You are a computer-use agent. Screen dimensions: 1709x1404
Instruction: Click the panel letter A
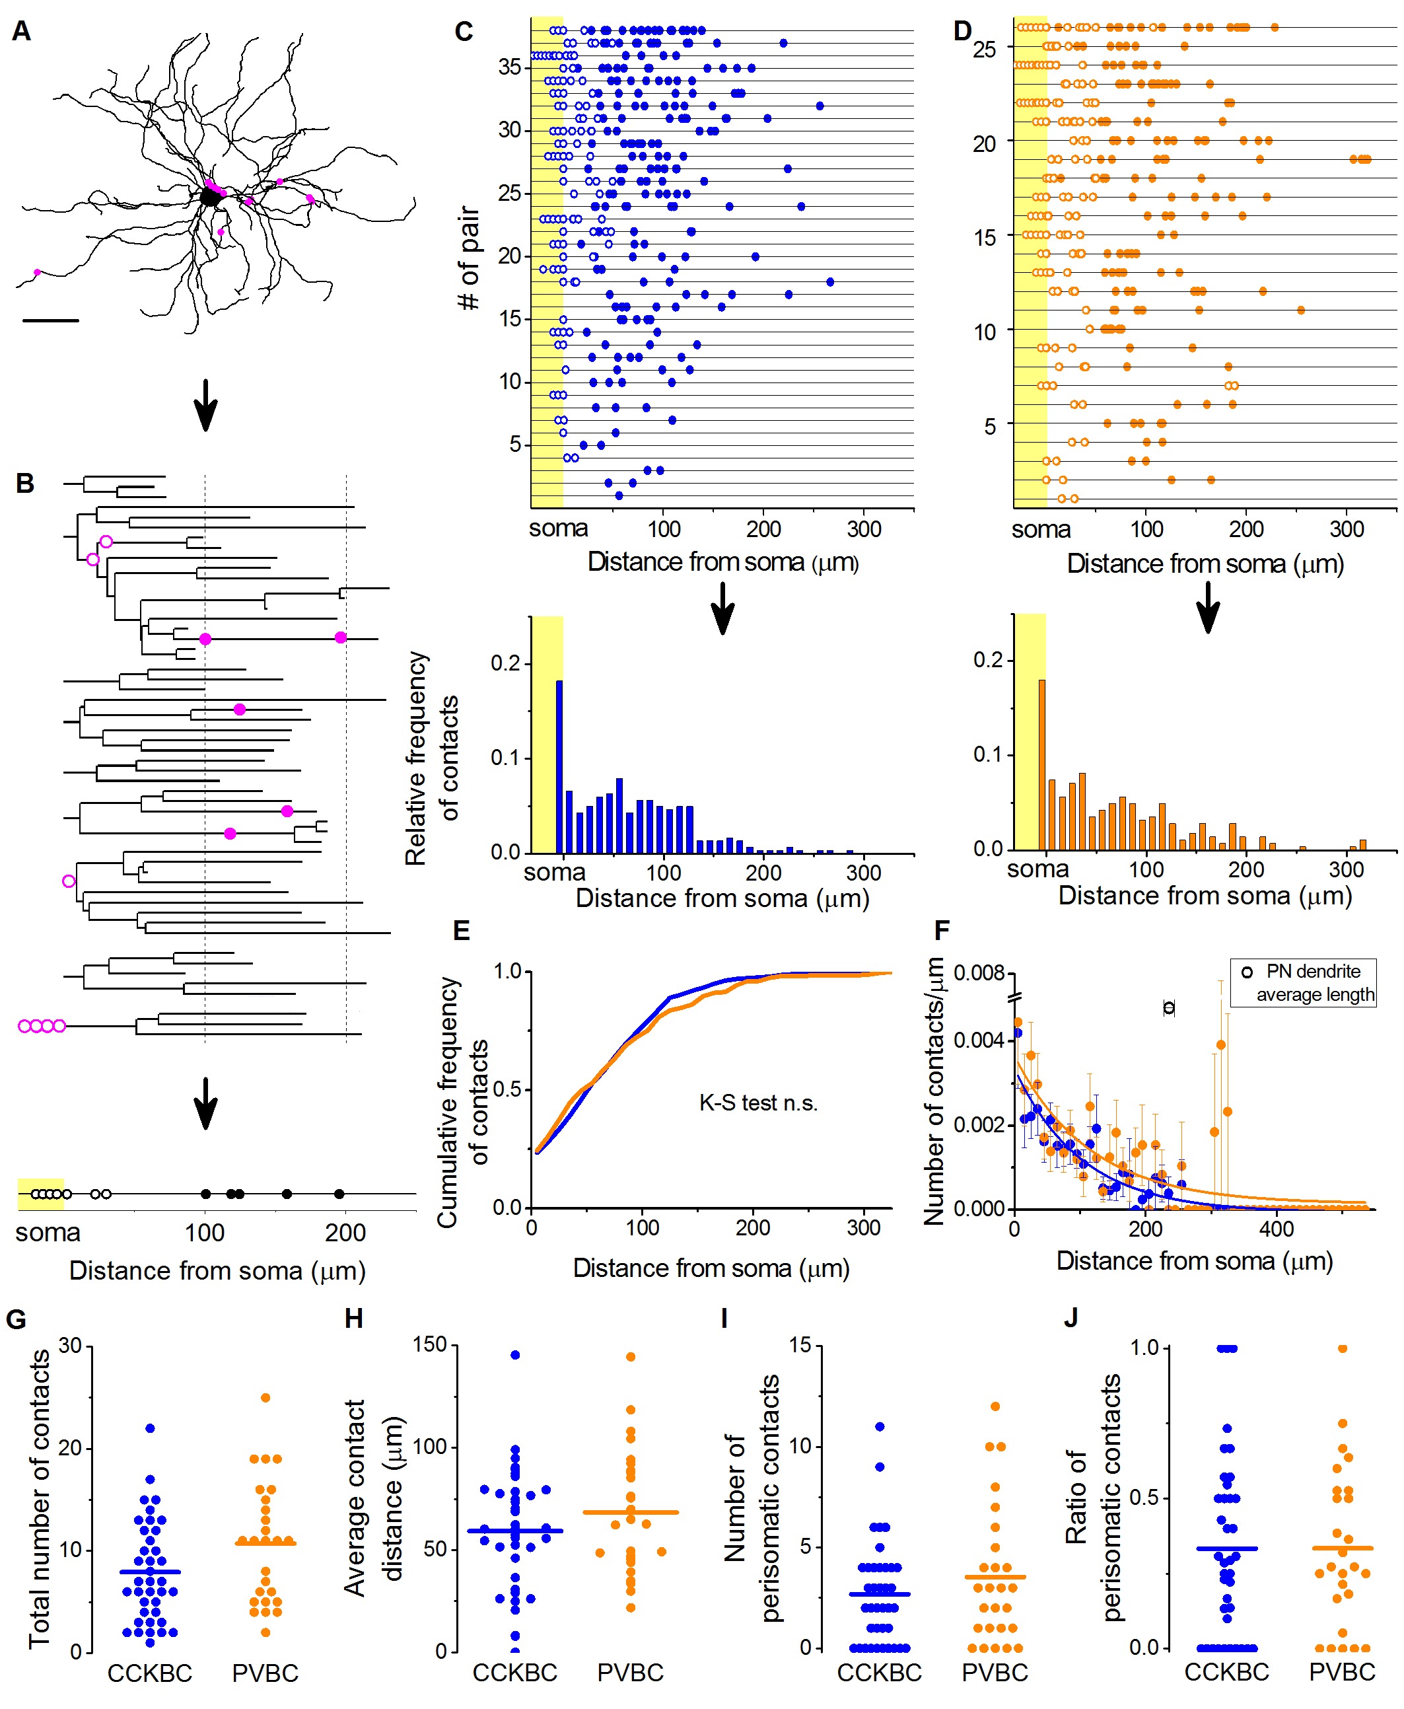click(x=22, y=32)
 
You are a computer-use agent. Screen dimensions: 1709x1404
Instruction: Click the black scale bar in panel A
click(x=51, y=321)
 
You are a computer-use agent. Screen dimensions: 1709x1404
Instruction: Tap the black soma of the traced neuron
click(x=209, y=197)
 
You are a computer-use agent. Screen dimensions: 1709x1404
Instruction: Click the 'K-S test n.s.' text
click(x=758, y=1103)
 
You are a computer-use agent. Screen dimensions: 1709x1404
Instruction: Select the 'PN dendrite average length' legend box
click(x=1302, y=983)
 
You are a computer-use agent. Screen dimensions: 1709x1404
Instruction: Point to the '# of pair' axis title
click(x=469, y=258)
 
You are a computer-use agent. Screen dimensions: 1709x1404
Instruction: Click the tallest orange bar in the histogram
click(x=1041, y=764)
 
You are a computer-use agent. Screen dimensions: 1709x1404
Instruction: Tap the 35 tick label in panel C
click(x=510, y=67)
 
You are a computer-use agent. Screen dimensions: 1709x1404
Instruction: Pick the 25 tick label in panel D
click(x=984, y=50)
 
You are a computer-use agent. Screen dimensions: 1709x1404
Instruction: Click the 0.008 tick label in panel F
click(x=979, y=972)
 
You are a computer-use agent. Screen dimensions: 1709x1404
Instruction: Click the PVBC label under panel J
click(x=1342, y=1672)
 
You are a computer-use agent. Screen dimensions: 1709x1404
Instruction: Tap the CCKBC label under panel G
click(x=150, y=1673)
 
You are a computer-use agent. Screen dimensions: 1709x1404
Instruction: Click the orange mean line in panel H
click(x=631, y=1511)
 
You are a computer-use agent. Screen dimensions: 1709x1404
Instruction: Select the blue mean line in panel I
click(x=879, y=1594)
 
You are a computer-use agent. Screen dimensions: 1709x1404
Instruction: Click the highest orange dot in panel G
click(x=265, y=1398)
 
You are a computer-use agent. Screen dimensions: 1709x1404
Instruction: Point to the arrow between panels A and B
click(x=206, y=404)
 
